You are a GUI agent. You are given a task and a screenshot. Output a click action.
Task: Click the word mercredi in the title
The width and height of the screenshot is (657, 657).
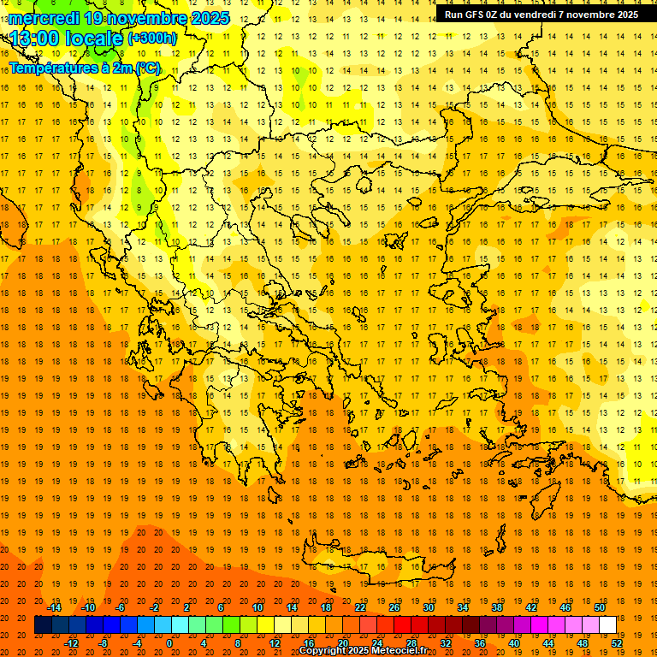point(44,18)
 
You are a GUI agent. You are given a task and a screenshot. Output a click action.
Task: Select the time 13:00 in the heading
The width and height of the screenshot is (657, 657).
point(40,38)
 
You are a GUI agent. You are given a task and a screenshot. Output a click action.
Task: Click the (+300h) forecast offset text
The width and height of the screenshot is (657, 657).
point(152,38)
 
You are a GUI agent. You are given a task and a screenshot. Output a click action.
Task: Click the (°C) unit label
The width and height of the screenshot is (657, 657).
point(146,67)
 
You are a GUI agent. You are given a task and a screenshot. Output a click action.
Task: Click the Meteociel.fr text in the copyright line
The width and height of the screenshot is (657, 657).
point(400,651)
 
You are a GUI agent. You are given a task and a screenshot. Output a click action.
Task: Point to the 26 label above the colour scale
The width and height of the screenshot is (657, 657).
point(394,607)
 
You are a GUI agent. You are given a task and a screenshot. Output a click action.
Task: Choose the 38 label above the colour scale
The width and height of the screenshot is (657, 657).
point(497,607)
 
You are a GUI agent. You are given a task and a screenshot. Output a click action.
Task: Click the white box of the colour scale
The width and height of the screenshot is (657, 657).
point(607,625)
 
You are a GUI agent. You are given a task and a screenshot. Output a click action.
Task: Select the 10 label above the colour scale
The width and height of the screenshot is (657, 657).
point(257,607)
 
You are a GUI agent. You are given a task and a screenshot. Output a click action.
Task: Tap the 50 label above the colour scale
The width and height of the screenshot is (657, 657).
point(600,607)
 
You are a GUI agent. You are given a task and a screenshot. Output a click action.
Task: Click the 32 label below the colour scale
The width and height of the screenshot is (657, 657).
point(446,643)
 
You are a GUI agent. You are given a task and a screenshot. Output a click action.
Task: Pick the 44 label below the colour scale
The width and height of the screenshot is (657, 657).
point(548,643)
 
